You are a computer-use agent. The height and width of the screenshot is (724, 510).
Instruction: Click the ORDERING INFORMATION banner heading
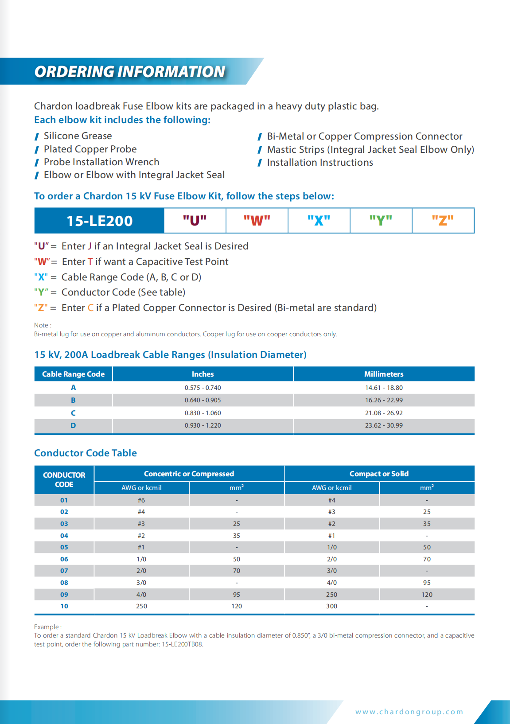point(130,72)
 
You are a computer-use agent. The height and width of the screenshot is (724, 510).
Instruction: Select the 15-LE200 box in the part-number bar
point(100,221)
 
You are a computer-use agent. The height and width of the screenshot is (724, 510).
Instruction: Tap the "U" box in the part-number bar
point(195,220)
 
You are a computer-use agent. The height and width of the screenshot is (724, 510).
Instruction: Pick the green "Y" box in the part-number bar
point(381,220)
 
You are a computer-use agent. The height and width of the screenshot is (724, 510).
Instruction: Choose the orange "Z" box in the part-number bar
point(443,220)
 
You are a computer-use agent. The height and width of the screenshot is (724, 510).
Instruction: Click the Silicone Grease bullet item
point(78,136)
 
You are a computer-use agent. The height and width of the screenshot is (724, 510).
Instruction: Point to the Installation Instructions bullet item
point(320,163)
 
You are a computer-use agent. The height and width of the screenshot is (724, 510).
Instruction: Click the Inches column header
point(202,374)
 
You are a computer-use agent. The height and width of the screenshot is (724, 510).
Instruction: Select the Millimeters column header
point(384,374)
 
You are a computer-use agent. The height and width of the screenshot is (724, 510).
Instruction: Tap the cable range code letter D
point(73,425)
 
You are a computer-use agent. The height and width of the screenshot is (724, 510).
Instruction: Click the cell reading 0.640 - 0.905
point(202,400)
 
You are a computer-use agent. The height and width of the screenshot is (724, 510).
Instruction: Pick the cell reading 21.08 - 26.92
point(384,413)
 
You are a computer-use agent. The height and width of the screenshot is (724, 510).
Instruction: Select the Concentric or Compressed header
point(189,474)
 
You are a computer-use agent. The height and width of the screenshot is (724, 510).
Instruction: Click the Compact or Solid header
point(379,474)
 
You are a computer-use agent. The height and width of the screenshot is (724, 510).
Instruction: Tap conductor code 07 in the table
point(64,571)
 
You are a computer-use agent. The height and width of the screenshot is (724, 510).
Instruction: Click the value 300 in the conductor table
point(331,606)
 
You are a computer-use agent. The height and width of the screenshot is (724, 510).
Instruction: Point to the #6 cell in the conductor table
point(141,500)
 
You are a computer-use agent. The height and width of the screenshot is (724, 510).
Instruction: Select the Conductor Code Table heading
point(86,453)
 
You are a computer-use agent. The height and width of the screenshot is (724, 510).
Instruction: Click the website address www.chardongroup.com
point(409,712)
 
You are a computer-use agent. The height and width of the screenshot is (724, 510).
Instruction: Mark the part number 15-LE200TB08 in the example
point(183,644)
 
